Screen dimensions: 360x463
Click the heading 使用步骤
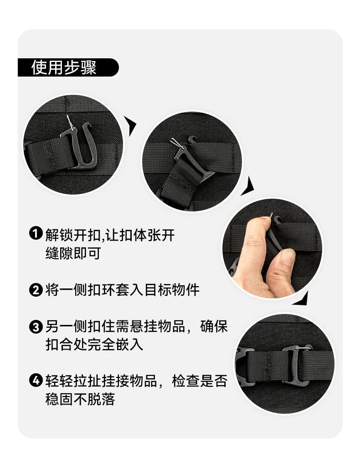64,67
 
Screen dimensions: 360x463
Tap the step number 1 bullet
36,233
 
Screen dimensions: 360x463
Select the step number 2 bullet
36,290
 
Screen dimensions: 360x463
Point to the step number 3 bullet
36,327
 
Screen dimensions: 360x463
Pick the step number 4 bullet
36,381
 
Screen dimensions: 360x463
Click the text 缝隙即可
73,253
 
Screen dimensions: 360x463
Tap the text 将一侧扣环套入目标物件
122,290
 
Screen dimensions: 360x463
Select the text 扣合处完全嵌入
94,345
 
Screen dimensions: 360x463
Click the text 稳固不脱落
80,399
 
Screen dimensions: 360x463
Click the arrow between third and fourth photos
301,299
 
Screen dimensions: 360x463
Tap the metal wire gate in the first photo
71,123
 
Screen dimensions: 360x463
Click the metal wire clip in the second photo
177,143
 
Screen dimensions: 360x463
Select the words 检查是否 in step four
200,381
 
